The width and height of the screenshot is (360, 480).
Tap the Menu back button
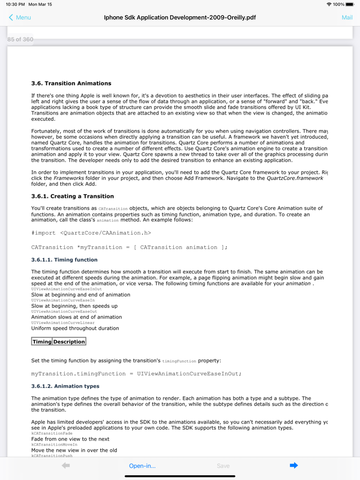point(20,17)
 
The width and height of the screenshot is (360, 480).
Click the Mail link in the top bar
point(347,17)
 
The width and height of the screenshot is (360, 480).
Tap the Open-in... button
point(142,466)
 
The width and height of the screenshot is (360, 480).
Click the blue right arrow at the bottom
point(294,466)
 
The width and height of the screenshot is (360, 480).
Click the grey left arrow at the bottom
point(66,466)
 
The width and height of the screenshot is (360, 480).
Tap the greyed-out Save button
point(223,466)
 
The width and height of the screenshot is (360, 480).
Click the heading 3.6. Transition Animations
point(71,83)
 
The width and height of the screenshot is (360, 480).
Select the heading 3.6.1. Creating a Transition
point(73,196)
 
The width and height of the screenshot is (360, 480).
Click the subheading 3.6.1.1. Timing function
point(64,260)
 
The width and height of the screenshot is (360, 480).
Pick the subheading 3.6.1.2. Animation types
point(65,386)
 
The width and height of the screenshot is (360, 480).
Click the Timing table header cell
point(42,342)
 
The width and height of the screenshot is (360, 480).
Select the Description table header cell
point(69,342)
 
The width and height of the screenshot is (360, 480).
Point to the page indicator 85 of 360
point(20,40)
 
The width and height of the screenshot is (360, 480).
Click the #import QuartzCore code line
point(91,233)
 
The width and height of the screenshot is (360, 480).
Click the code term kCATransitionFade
point(52,434)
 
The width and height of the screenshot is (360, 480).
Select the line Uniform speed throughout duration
point(75,328)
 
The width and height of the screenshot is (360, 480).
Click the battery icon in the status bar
point(350,4)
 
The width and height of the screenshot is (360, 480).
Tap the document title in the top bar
point(180,17)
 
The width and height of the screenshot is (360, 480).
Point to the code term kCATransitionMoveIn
point(54,445)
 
